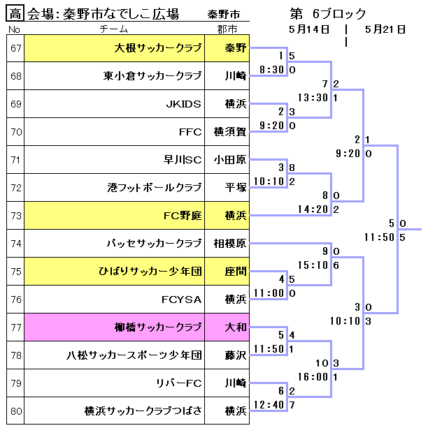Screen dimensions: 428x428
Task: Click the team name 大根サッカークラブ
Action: click(159, 48)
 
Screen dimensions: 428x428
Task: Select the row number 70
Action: click(16, 131)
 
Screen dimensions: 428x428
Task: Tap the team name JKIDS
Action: click(183, 104)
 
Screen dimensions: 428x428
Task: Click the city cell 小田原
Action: click(230, 160)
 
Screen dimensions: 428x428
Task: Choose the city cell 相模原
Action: click(230, 244)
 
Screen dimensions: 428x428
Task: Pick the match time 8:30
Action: click(271, 70)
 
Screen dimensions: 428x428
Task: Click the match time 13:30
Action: click(312, 97)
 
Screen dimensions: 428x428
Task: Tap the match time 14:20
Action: click(312, 209)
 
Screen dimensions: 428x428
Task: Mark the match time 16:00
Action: click(312, 376)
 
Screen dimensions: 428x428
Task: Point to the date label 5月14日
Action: click(307, 29)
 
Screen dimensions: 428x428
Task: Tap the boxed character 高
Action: click(16, 13)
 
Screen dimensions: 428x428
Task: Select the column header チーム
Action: click(113, 29)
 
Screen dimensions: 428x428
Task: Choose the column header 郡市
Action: click(227, 29)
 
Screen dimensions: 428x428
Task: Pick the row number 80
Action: click(16, 411)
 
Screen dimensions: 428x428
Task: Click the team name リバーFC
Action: click(179, 383)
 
